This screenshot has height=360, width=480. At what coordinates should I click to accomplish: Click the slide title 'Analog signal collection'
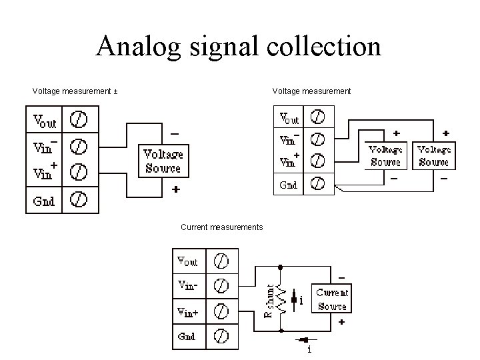[x=239, y=47]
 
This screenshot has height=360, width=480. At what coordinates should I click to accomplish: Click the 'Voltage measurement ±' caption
[x=75, y=91]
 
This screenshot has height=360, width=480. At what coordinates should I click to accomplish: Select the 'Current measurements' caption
[x=221, y=227]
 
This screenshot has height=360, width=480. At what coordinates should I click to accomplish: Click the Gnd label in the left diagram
[x=44, y=199]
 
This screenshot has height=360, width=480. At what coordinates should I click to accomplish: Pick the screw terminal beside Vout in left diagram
[x=79, y=120]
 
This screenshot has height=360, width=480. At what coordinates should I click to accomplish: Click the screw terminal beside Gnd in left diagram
[x=79, y=199]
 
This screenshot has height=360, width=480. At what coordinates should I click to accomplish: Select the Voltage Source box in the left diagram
[x=163, y=161]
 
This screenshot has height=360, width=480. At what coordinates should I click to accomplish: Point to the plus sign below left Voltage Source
[x=175, y=189]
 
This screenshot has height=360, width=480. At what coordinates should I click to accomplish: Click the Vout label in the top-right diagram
[x=289, y=118]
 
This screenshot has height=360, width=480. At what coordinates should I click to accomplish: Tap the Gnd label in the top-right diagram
[x=289, y=185]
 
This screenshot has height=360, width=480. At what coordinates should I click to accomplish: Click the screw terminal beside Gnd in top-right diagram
[x=318, y=185]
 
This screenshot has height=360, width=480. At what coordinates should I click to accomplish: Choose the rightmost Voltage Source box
[x=433, y=155]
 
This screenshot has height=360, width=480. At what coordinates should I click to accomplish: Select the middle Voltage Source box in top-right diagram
[x=385, y=155]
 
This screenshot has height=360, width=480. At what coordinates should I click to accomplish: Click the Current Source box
[x=331, y=299]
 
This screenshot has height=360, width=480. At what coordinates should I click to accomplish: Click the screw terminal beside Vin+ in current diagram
[x=222, y=311]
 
